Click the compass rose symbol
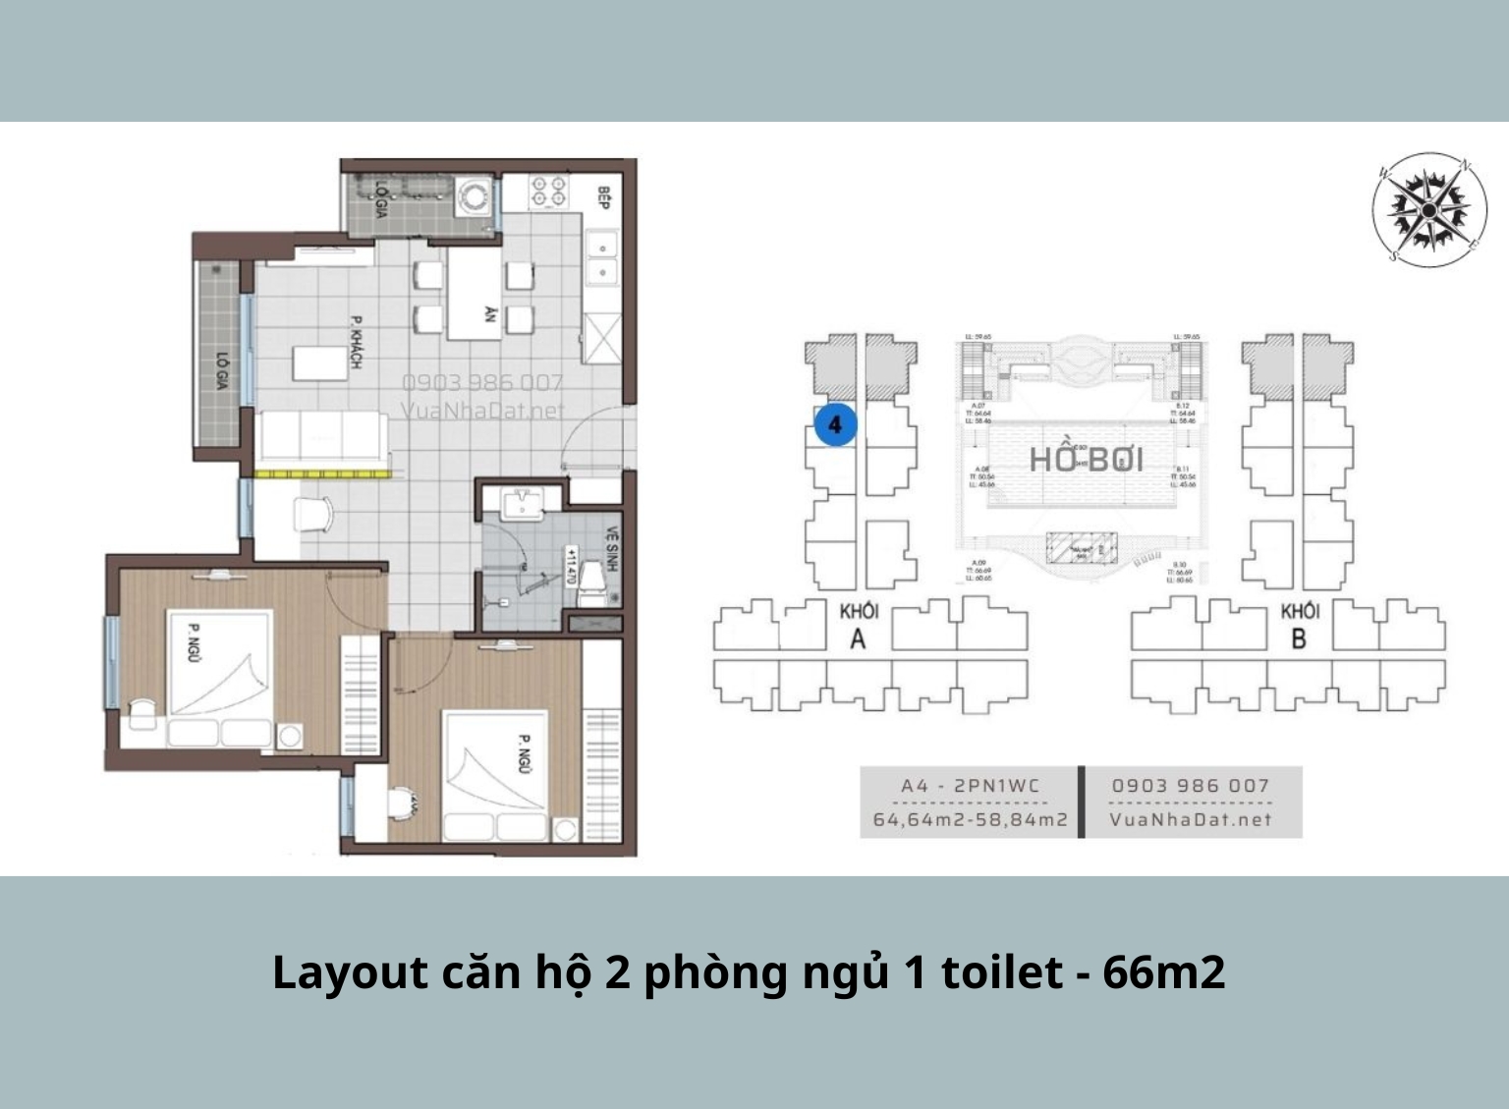pos(1428,210)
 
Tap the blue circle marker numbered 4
pos(835,425)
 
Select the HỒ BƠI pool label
pos(1086,460)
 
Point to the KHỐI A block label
pos(858,626)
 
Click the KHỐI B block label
pos(1299,626)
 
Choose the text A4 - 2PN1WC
pos(970,786)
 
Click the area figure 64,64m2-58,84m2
pos(970,819)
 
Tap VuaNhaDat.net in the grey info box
pos(1191,819)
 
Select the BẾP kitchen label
pos(603,198)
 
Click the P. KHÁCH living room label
pos(356,343)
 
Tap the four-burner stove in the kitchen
pos(547,191)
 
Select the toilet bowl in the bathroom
pos(591,582)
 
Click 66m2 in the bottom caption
pos(1163,972)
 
